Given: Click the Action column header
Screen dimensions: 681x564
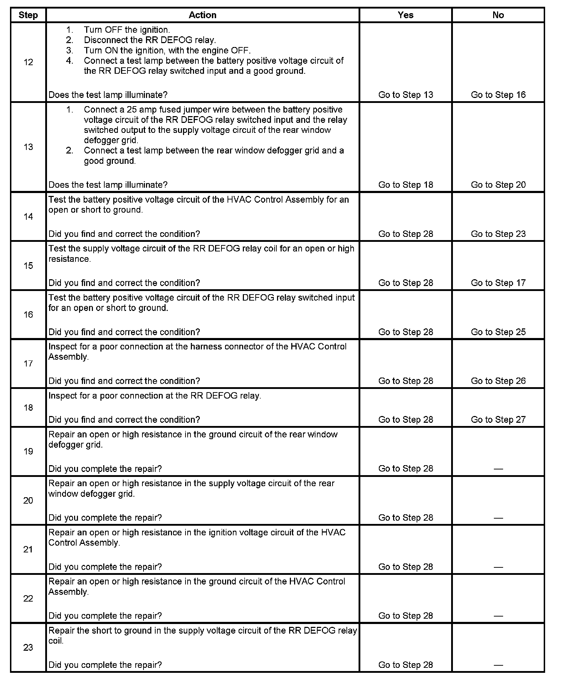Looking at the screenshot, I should [202, 15].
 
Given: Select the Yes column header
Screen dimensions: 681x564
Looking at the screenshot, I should [406, 15].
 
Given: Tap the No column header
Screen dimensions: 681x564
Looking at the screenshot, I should [498, 15].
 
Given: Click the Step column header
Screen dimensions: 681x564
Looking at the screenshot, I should [28, 15].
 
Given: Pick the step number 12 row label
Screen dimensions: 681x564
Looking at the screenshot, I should [28, 62].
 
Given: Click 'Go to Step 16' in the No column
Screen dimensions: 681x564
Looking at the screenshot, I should [498, 95].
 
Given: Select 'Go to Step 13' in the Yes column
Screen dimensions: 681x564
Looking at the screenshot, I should [406, 95].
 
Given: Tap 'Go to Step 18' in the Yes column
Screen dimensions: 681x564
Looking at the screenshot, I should [406, 185].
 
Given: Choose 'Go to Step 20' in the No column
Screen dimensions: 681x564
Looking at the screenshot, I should [498, 185].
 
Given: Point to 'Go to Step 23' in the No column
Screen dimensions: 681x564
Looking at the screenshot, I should [498, 234].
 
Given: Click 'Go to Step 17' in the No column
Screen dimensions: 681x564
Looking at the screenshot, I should [498, 283].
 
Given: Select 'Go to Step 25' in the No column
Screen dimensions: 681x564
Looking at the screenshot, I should [498, 332].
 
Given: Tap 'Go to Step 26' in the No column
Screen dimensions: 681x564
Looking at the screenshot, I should [498, 381].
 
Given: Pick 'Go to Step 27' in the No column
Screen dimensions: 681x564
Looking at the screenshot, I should [498, 420].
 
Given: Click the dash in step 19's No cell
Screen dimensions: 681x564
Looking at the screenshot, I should [498, 469].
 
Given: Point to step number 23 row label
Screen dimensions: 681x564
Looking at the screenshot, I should [28, 647].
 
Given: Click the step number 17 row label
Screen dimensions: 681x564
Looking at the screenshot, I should [28, 363].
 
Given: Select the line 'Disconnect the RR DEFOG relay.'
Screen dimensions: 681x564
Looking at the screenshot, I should [150, 40].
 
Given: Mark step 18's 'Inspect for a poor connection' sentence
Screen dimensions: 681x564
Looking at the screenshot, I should [155, 396].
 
